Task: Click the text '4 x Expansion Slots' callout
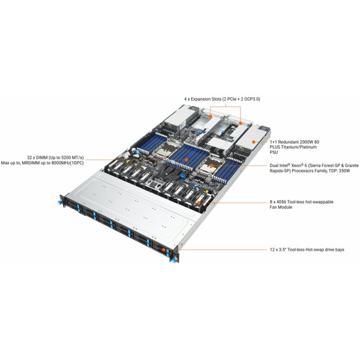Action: tap(203, 99)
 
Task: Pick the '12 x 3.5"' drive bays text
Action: tap(278, 250)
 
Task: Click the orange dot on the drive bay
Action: tap(164, 250)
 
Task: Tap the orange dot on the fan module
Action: tap(198, 203)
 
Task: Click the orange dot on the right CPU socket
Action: tap(212, 165)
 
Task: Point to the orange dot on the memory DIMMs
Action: tap(187, 160)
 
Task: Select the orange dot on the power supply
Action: tap(253, 142)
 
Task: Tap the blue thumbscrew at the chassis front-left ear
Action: tap(59, 202)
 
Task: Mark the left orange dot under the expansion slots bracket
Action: tap(211, 116)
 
